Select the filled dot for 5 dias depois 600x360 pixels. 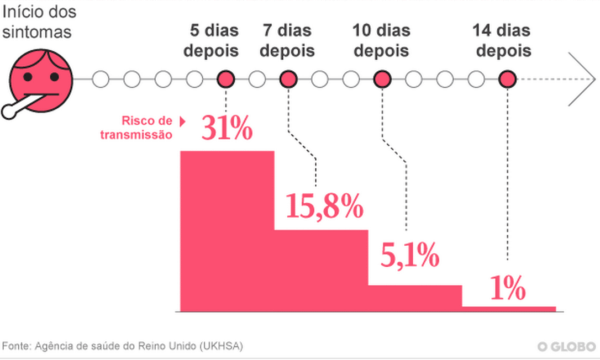coord(225,80)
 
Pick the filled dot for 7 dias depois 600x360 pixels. coord(288,80)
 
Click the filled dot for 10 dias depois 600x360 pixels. coord(382,80)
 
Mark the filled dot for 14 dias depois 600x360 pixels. coord(507,80)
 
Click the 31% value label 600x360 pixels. coord(227,129)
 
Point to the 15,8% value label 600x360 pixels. coord(324,207)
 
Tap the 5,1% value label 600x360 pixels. coord(409,256)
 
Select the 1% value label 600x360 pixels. coord(507,289)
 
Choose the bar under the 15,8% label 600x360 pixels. coord(321,271)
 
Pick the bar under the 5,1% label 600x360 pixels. coord(415,298)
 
